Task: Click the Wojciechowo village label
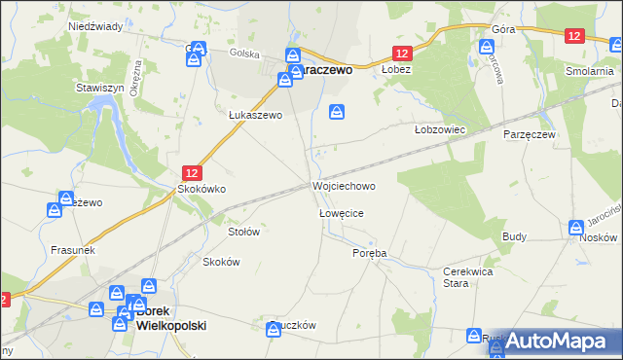343,185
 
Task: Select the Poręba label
369,252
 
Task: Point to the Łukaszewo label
255,115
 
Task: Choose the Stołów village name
243,232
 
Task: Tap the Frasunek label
71,249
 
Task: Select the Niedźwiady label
93,26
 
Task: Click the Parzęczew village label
528,134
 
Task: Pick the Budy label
514,236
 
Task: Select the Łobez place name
396,70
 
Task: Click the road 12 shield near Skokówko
193,171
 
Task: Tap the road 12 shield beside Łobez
402,54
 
